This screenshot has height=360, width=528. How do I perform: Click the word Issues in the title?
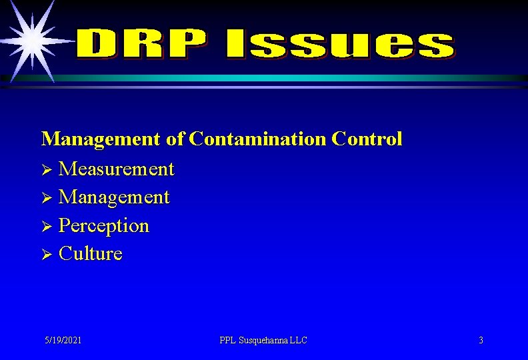pos(339,45)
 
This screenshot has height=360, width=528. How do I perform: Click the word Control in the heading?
pos(367,139)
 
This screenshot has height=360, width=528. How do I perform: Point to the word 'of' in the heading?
pos(175,139)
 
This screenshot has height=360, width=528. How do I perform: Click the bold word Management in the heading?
pos(101,139)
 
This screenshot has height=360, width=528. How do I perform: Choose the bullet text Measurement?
pos(116,169)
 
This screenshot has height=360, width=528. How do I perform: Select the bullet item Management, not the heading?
pos(114,197)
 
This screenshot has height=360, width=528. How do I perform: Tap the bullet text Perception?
pos(104,225)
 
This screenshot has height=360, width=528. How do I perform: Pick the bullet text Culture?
pos(91,254)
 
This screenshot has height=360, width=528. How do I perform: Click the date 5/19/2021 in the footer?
pos(63,340)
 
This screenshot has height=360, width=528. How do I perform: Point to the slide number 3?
pos(481,340)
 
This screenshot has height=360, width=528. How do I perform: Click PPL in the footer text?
pos(228,340)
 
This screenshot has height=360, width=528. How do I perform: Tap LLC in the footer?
pos(299,340)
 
